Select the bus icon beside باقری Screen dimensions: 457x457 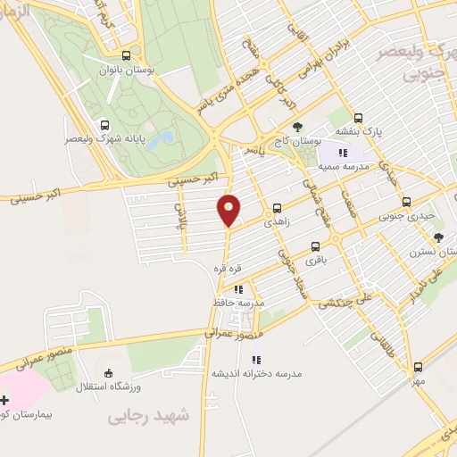[314, 246]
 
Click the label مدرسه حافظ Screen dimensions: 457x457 [239, 303]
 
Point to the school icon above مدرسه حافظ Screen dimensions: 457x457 [237, 289]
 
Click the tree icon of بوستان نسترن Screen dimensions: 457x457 [438, 237]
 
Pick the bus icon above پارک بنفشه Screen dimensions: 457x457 [358, 117]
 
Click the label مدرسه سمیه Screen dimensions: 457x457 [342, 167]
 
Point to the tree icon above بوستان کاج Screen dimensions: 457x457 [298, 127]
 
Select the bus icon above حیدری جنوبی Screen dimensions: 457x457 [406, 202]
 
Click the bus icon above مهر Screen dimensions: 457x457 [418, 366]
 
